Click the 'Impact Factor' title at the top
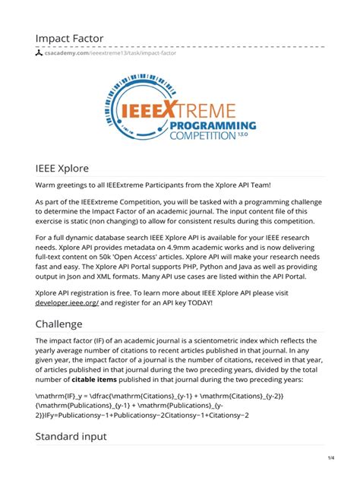[x=68, y=38]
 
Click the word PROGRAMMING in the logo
[x=213, y=124]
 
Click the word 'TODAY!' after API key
[x=199, y=302]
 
